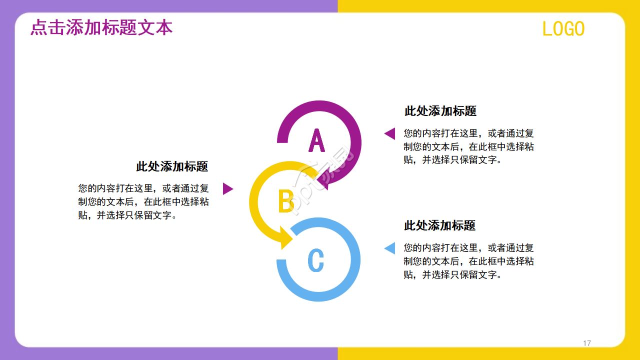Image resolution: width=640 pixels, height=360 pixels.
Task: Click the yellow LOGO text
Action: [x=563, y=29]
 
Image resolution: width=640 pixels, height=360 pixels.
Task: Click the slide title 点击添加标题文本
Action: [x=101, y=27]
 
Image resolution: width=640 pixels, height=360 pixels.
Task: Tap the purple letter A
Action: [x=316, y=140]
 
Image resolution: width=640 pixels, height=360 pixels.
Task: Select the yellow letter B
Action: [x=285, y=201]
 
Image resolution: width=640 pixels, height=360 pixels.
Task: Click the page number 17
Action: [x=587, y=343]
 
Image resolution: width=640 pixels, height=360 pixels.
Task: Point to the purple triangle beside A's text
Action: [x=390, y=133]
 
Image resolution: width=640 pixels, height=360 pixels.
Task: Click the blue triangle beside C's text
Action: [x=390, y=248]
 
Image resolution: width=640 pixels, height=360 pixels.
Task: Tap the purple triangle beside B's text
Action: [x=227, y=188]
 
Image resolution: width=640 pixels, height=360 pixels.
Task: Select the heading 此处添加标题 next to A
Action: [x=440, y=111]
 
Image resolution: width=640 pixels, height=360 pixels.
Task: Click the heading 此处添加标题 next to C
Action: [x=439, y=225]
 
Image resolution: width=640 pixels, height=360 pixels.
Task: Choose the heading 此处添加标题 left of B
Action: [x=172, y=166]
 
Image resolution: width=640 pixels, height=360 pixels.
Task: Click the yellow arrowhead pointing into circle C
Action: [x=286, y=238]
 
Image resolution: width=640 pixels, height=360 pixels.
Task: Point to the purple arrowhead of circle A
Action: [x=323, y=182]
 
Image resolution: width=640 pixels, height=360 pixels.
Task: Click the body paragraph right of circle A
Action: [x=468, y=147]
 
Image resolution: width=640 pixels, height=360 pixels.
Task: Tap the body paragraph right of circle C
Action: [x=468, y=261]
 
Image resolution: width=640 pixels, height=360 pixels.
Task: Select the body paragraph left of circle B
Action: [x=143, y=202]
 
